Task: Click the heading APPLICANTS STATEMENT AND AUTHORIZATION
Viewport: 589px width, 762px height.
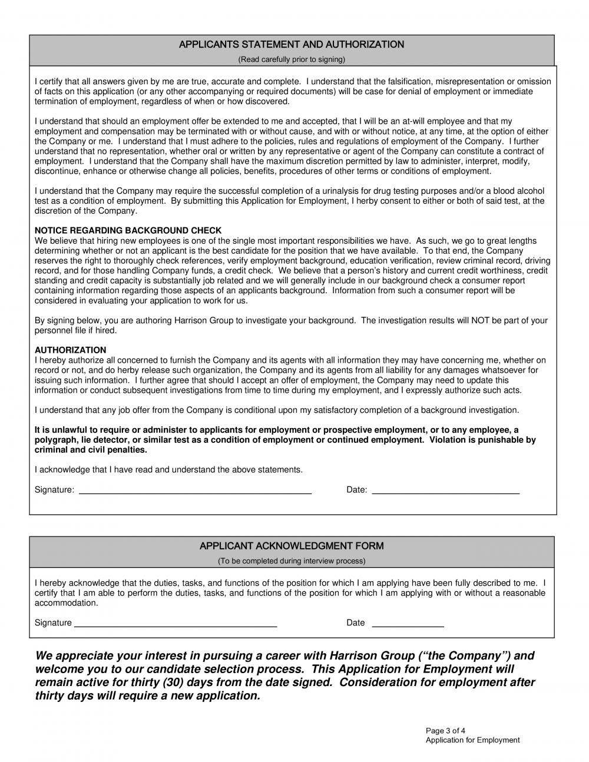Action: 291,45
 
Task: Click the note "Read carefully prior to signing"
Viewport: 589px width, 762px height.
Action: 291,59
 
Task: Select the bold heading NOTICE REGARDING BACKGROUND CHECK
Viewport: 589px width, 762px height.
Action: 128,231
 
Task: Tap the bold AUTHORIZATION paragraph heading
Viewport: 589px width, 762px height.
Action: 70,350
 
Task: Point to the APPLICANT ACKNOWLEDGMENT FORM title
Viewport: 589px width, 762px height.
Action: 291,546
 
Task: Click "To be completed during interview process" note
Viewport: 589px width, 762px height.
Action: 291,561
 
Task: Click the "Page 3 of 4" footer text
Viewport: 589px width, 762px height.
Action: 446,731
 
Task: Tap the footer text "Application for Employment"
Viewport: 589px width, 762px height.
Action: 472,740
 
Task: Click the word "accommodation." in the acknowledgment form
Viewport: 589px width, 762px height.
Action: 66,603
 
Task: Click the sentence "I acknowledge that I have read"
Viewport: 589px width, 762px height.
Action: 168,470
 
